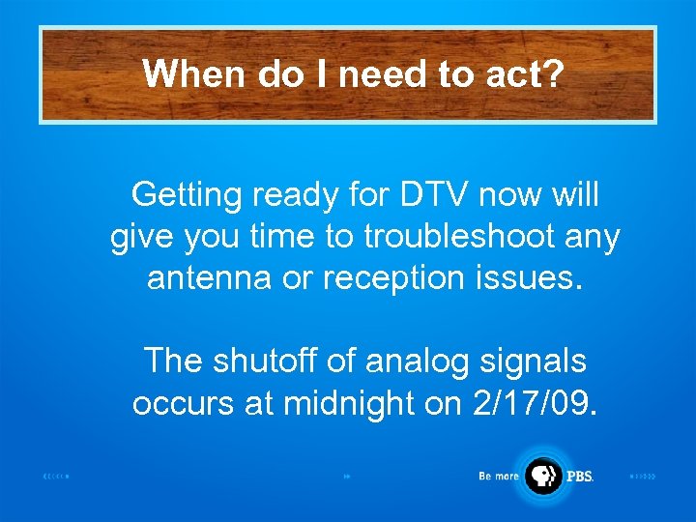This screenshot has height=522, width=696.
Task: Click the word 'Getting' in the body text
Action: [187, 196]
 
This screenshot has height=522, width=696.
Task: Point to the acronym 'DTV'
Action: [422, 195]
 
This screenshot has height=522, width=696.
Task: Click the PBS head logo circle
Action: [542, 476]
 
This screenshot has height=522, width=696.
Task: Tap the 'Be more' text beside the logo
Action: [499, 477]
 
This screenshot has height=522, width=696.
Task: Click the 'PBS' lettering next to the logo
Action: [580, 477]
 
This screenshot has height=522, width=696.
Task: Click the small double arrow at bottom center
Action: [346, 477]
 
